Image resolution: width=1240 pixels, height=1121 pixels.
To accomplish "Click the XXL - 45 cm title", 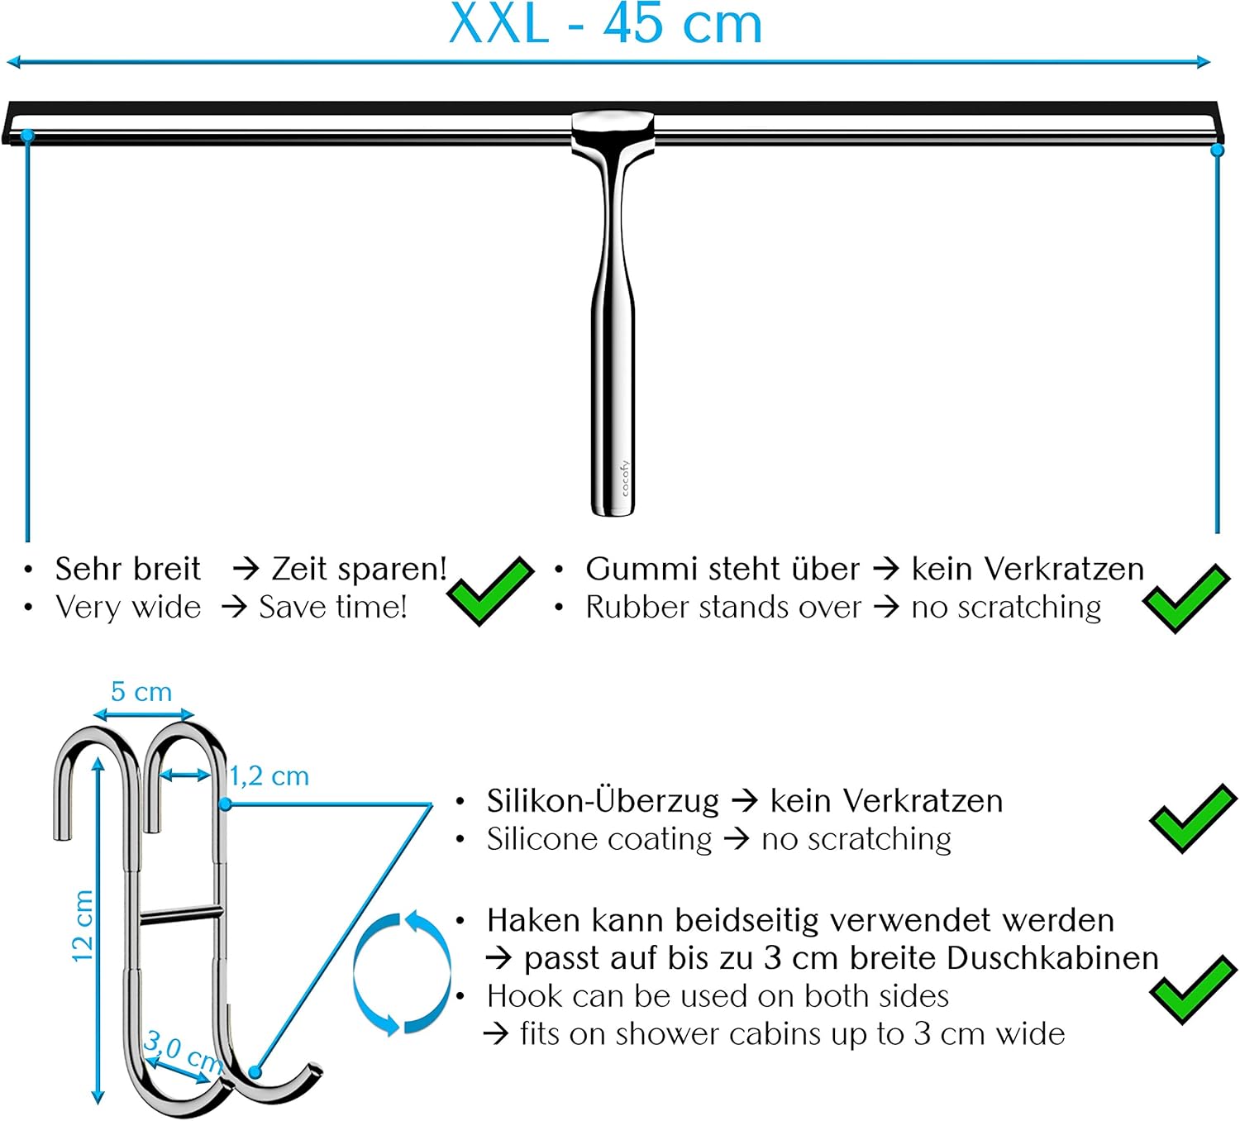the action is click(605, 25).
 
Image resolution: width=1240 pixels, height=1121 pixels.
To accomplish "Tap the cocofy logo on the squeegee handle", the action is click(625, 478).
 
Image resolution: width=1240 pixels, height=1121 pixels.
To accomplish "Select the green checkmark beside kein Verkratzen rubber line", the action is click(1185, 597).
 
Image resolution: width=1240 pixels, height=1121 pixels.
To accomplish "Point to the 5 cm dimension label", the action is click(141, 692).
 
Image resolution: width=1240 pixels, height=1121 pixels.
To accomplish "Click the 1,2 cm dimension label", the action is click(269, 776).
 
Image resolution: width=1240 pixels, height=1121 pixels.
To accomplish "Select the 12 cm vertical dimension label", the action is click(83, 926).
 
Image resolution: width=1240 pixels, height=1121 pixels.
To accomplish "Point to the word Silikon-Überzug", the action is click(603, 800).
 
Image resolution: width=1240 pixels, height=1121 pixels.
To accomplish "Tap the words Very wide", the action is click(128, 608).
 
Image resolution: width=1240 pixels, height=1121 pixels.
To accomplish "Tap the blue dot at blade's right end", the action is click(1217, 150).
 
